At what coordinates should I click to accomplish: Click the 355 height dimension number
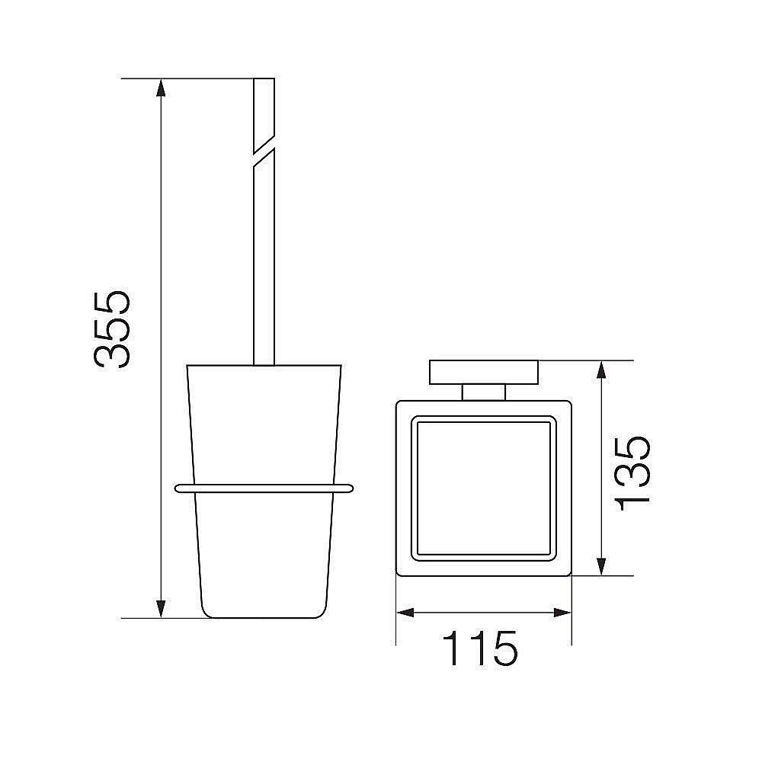tap(111, 329)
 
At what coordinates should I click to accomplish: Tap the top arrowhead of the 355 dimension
tap(161, 88)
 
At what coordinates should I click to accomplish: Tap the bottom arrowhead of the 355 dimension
tap(161, 609)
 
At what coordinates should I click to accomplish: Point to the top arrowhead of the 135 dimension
tap(602, 370)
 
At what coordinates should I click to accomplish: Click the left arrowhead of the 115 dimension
tap(405, 613)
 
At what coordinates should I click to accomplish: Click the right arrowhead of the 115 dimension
tap(562, 613)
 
